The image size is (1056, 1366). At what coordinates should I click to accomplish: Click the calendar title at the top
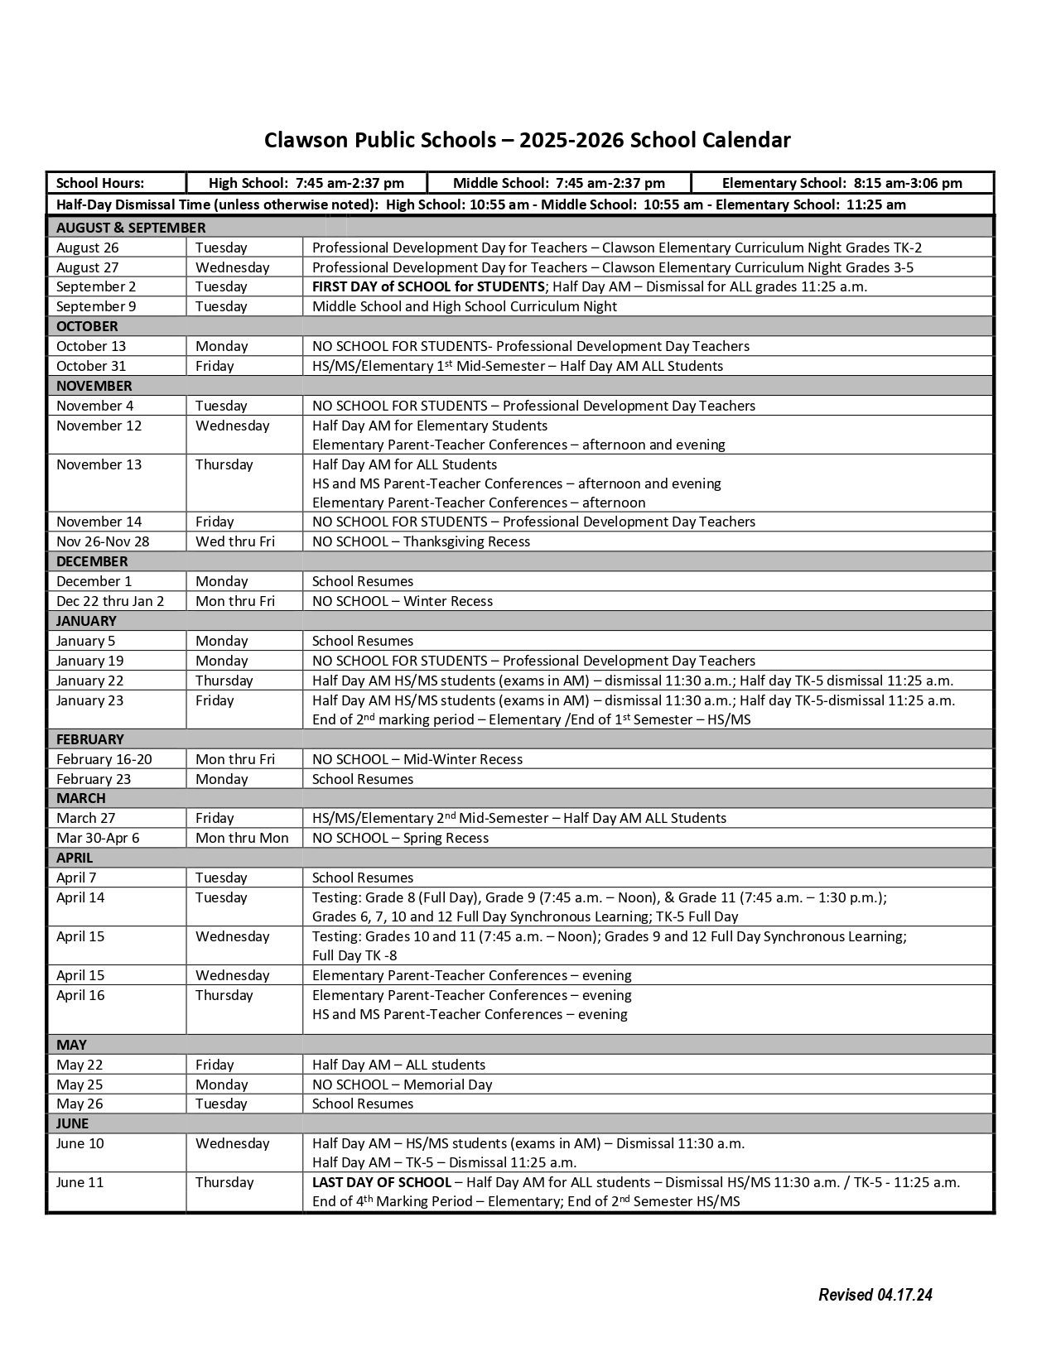pyautogui.click(x=528, y=140)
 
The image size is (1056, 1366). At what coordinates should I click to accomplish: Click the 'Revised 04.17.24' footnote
pyautogui.click(x=875, y=1295)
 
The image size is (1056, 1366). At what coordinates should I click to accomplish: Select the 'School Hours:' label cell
pyautogui.click(x=100, y=183)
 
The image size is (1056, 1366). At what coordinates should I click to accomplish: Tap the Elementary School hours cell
pyautogui.click(x=841, y=183)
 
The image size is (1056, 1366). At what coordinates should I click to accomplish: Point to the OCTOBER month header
pyautogui.click(x=87, y=326)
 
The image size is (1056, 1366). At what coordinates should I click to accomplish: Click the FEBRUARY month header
pyautogui.click(x=89, y=739)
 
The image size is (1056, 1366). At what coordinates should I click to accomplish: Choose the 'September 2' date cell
pyautogui.click(x=96, y=286)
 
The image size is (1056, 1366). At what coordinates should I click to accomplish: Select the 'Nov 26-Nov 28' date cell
pyautogui.click(x=104, y=541)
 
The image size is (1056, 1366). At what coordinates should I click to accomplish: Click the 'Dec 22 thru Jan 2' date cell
pyautogui.click(x=110, y=601)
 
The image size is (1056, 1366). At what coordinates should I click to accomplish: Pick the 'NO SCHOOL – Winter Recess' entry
pyautogui.click(x=403, y=601)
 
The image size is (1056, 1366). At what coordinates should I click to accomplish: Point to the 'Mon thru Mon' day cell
pyautogui.click(x=242, y=838)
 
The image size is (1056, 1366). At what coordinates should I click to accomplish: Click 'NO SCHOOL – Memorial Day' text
pyautogui.click(x=402, y=1085)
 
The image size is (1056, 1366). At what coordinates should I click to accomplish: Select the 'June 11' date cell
pyautogui.click(x=80, y=1182)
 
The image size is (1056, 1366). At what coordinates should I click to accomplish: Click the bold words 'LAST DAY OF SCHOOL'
pyautogui.click(x=382, y=1182)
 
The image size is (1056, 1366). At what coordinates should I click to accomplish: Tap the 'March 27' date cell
pyautogui.click(x=86, y=818)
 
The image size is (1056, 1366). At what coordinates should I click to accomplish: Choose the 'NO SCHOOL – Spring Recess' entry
pyautogui.click(x=400, y=838)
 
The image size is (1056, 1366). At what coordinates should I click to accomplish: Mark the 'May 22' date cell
pyautogui.click(x=80, y=1065)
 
